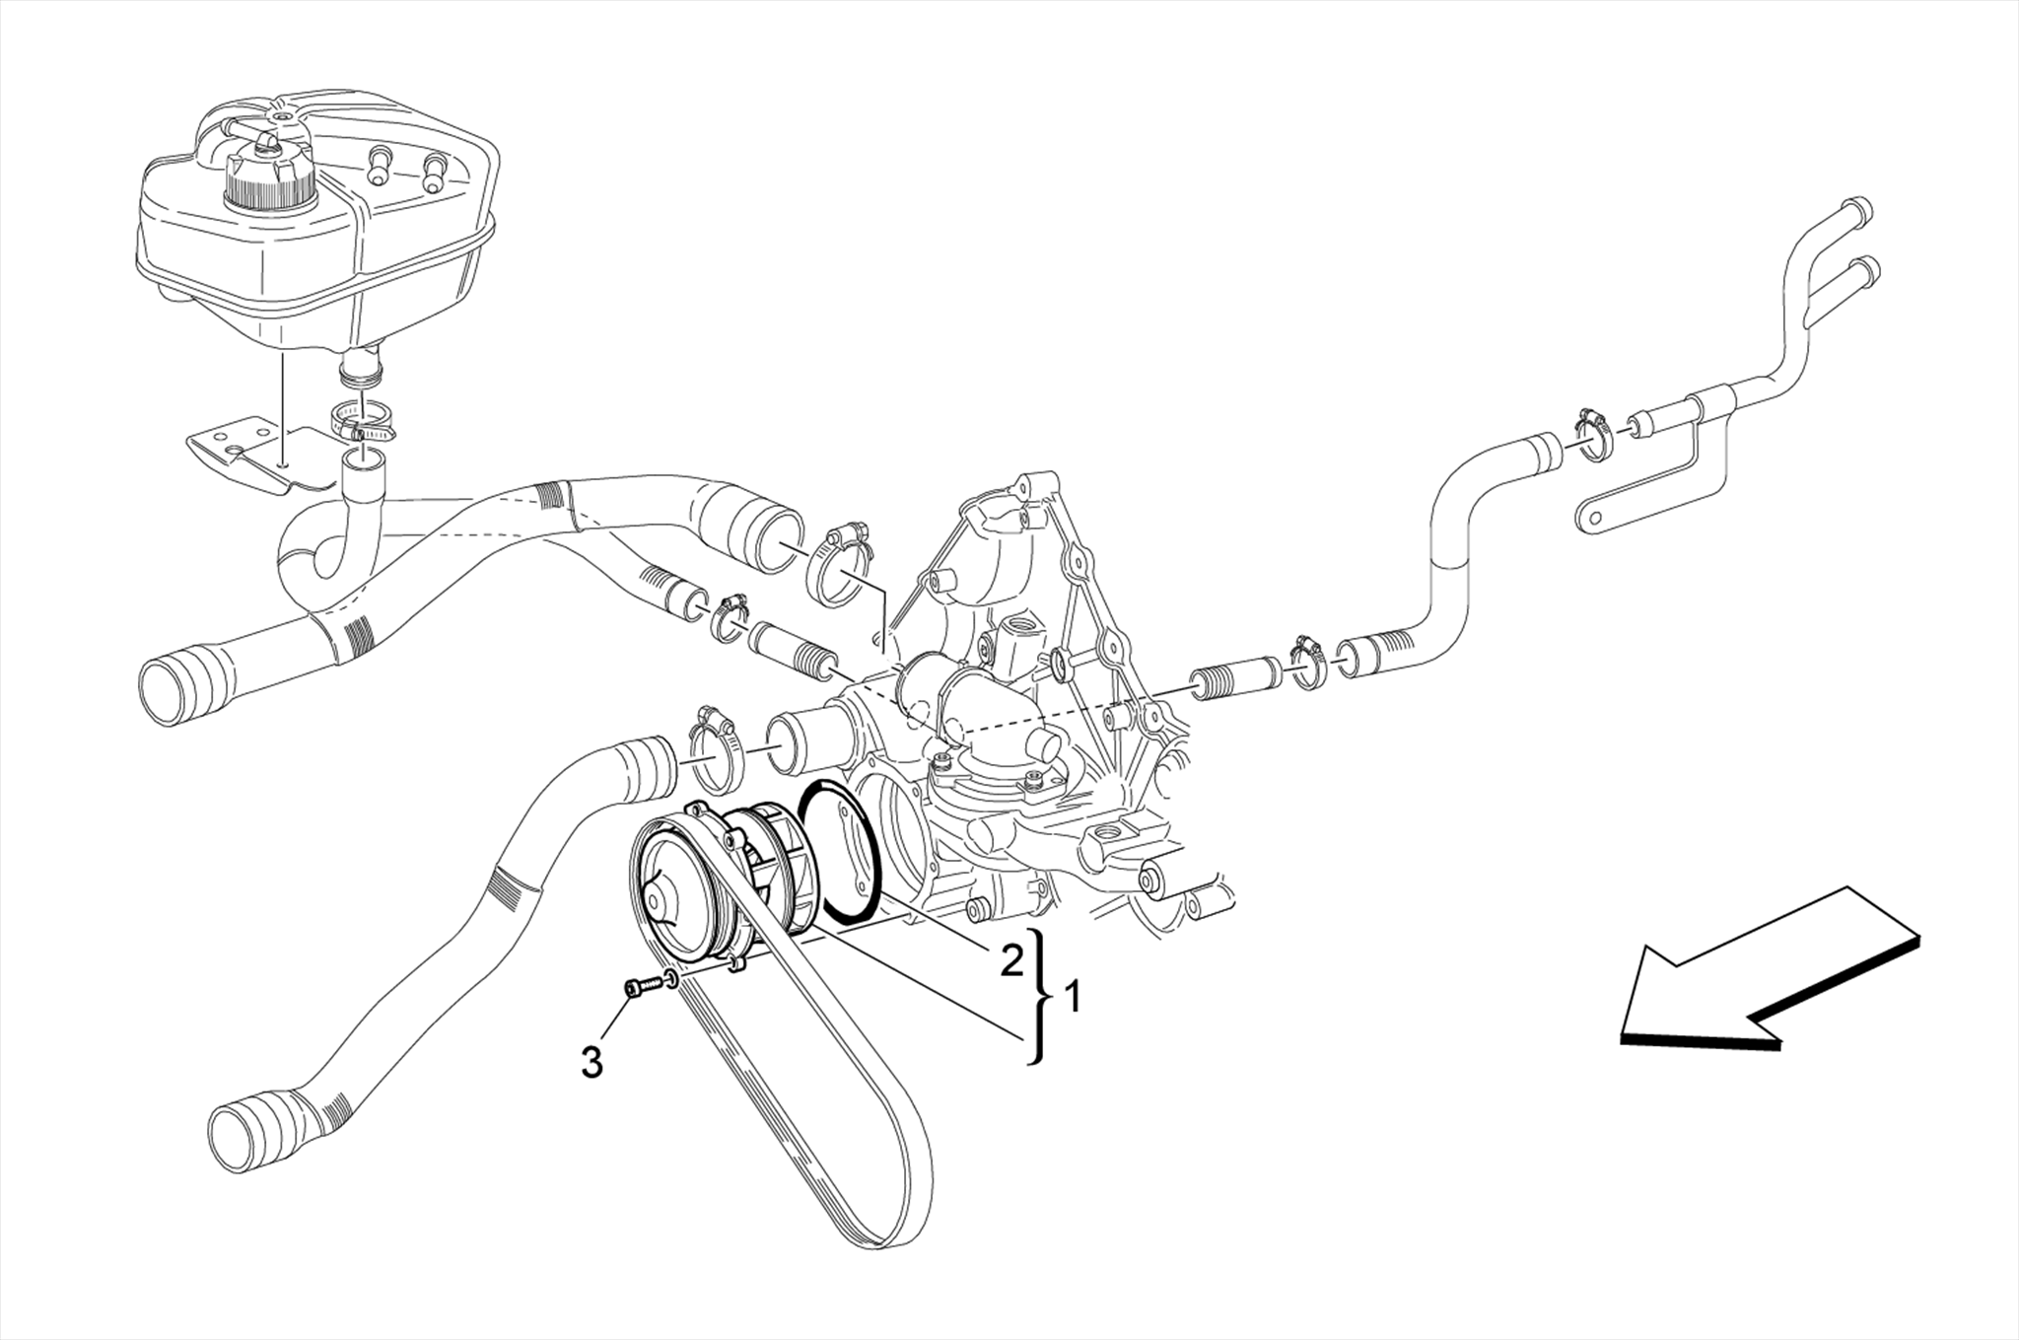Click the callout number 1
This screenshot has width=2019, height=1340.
pos(1074,999)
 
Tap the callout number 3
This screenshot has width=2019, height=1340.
pos(592,1062)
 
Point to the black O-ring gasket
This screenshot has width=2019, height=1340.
pos(840,854)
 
